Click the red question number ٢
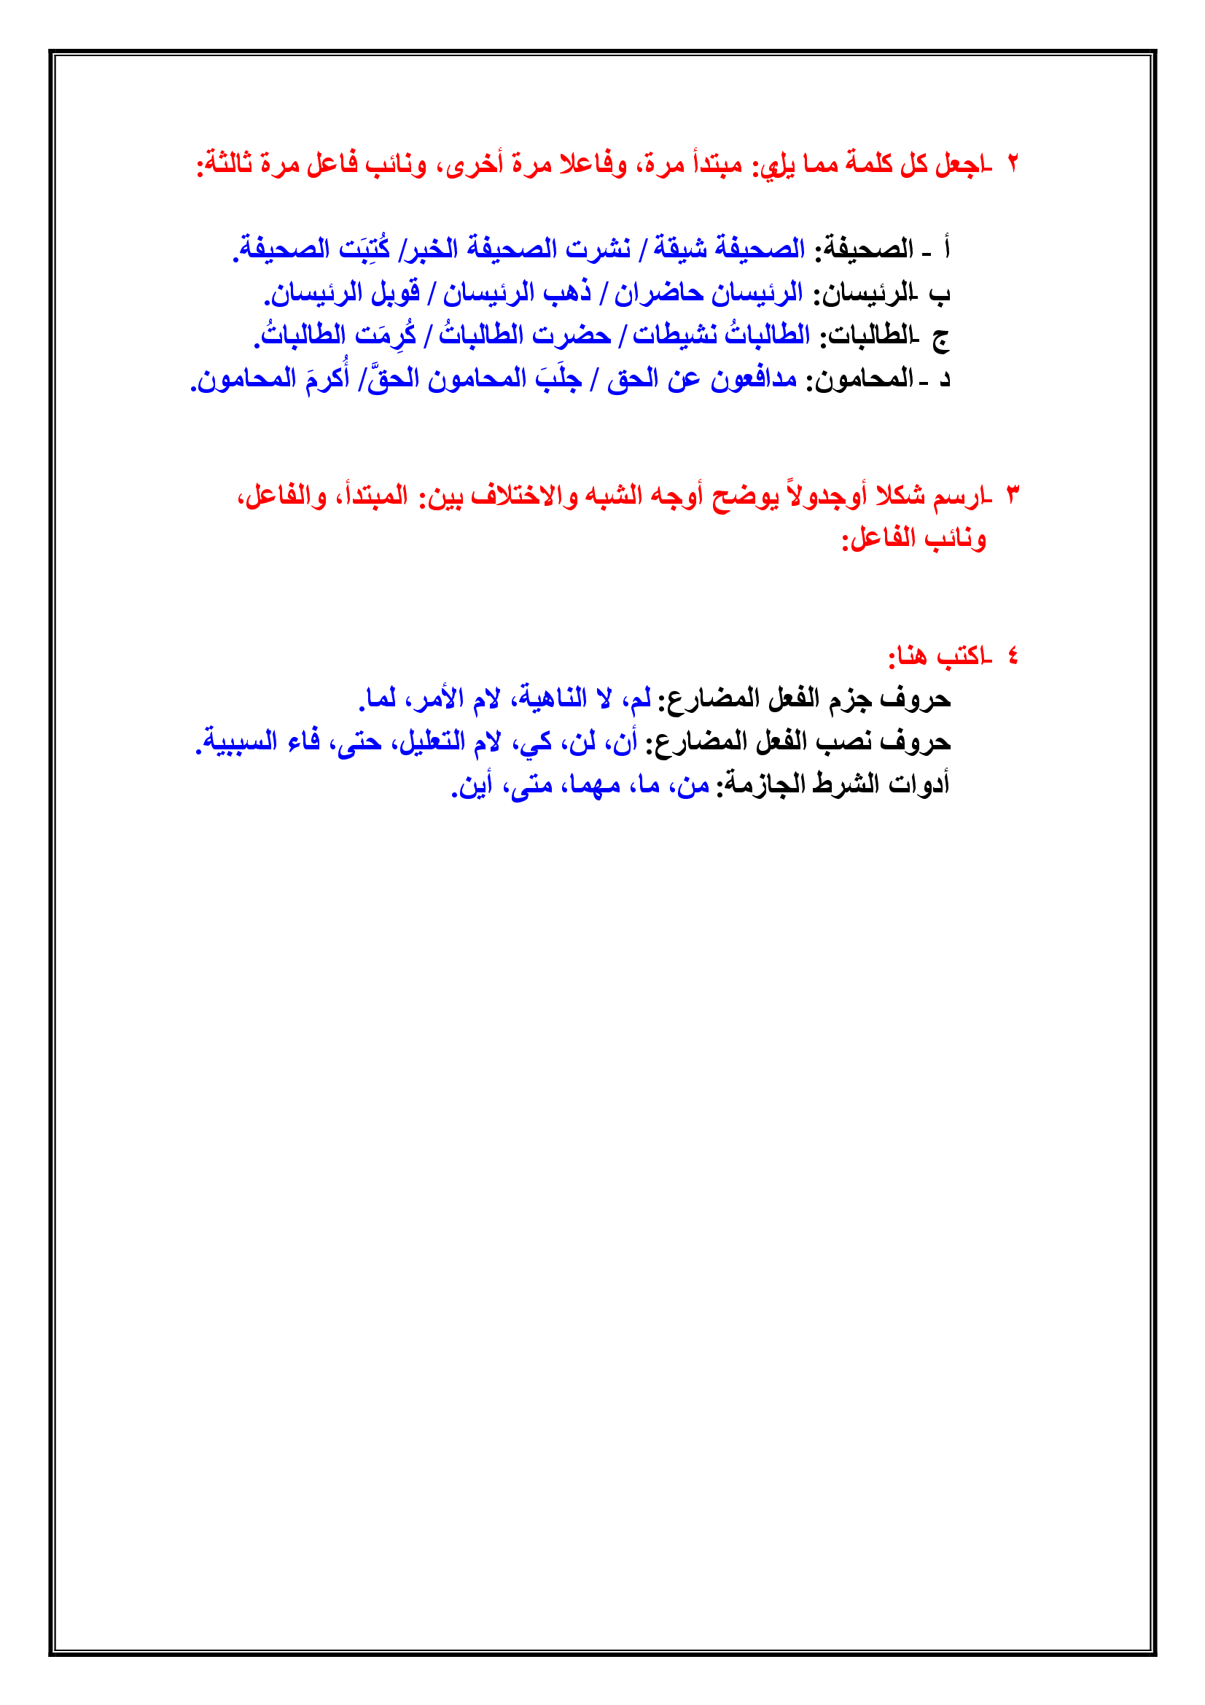(1013, 163)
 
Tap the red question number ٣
(1013, 494)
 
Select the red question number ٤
(1013, 656)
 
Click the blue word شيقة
(679, 249)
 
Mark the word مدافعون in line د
(754, 379)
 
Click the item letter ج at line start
(940, 338)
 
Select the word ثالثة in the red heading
(227, 163)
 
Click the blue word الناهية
(553, 698)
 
